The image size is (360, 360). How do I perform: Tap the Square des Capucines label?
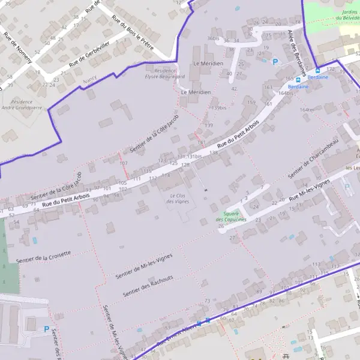click(x=231, y=217)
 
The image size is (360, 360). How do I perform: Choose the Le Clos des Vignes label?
click(x=177, y=199)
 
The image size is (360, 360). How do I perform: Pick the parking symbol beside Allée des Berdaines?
click(x=275, y=61)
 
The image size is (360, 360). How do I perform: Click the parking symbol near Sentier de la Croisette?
click(x=47, y=328)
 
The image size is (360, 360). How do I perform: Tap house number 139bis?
click(x=219, y=108)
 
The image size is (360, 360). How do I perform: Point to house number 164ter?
click(x=307, y=110)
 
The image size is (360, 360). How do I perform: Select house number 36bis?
click(x=213, y=38)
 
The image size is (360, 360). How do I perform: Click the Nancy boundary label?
click(x=90, y=79)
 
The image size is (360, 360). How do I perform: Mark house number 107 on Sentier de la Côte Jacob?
click(x=124, y=163)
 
